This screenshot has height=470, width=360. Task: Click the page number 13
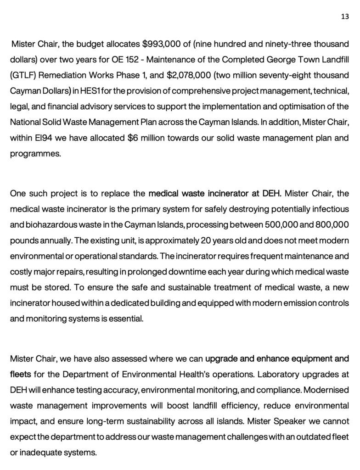[x=344, y=17]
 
